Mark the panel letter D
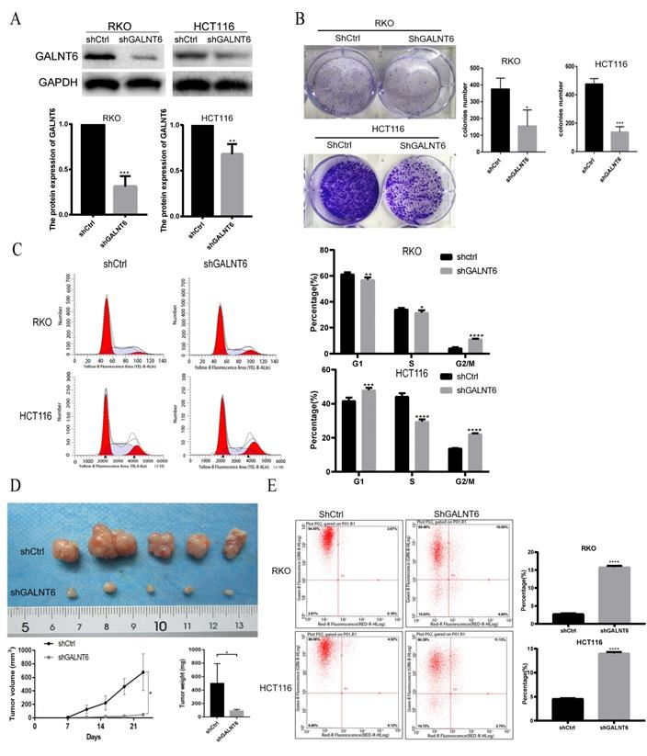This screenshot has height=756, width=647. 12,484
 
